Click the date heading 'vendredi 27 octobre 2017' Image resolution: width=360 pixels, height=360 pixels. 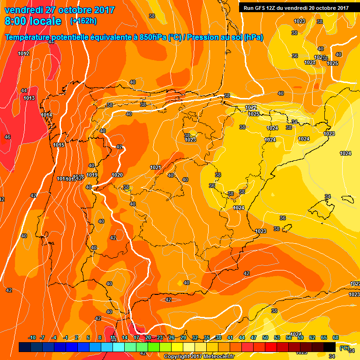tap(60, 10)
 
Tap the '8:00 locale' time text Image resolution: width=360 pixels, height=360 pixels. tap(33, 21)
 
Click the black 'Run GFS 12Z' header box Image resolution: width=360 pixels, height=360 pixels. tap(296, 7)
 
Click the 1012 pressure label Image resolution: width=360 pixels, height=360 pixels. tap(24, 54)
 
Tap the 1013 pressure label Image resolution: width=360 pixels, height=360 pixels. tap(29, 98)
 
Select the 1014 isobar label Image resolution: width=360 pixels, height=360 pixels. tap(46, 115)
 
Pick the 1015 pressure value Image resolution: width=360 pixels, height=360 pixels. tap(59, 145)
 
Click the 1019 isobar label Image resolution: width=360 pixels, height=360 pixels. tap(92, 175)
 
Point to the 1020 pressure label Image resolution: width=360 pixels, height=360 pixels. tap(117, 175)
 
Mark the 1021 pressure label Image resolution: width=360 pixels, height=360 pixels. tap(156, 167)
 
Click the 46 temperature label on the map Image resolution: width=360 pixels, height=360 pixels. tap(7, 137)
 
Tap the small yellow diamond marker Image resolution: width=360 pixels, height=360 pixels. tap(180, 283)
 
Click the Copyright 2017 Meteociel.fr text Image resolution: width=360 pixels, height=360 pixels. tap(199, 356)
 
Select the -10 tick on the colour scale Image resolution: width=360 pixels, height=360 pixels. tap(32, 337)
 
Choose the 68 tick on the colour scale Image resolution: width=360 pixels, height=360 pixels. tap(336, 337)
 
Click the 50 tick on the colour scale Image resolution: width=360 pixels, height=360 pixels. tap(265, 337)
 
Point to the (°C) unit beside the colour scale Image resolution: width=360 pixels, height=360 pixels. tap(344, 348)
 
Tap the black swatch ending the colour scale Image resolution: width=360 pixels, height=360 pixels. tap(330, 347)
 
